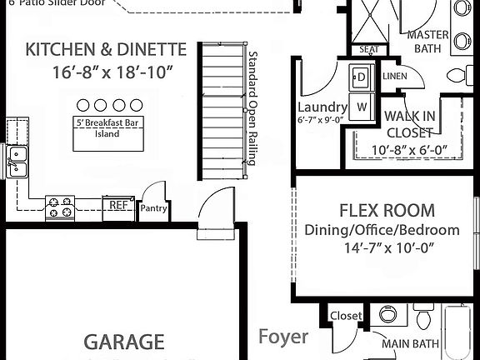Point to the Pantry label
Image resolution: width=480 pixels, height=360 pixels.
pyautogui.click(x=153, y=208)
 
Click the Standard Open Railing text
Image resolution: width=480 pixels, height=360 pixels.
pyautogui.click(x=252, y=108)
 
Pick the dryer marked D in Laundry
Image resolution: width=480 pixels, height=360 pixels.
pyautogui.click(x=362, y=78)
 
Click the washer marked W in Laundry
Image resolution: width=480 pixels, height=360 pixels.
pyautogui.click(x=362, y=107)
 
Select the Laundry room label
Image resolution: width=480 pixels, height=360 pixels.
pyautogui.click(x=322, y=107)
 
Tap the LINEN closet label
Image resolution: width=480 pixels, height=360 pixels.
pyautogui.click(x=394, y=76)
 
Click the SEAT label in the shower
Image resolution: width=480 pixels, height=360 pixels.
pyautogui.click(x=367, y=49)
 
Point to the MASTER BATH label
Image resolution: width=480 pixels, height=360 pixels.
pyautogui.click(x=427, y=42)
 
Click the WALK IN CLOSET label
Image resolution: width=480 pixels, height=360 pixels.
pyautogui.click(x=409, y=124)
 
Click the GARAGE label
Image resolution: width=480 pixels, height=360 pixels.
pyautogui.click(x=123, y=342)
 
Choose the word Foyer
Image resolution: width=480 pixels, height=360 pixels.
pyautogui.click(x=282, y=337)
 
